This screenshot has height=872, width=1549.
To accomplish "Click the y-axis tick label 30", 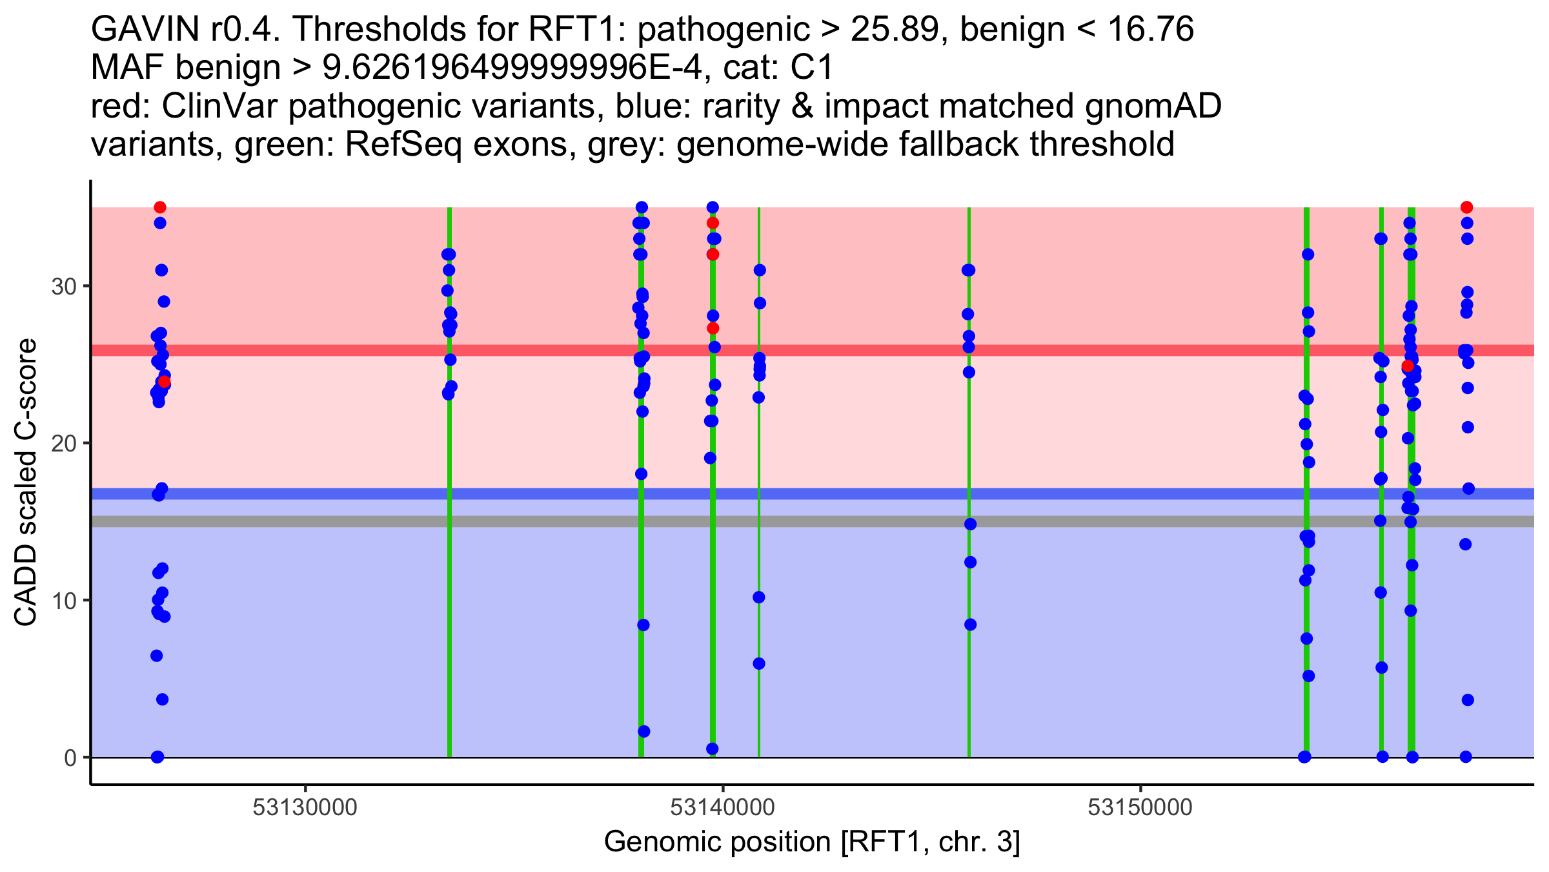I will click(64, 286).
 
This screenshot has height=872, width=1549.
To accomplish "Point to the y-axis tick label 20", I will click(64, 443).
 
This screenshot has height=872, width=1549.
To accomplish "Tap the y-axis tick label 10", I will click(64, 601).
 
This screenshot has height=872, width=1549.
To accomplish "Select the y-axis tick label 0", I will click(70, 758).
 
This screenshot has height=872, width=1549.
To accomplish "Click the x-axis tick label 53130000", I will click(305, 807).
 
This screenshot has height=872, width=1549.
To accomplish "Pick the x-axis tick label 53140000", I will click(722, 807).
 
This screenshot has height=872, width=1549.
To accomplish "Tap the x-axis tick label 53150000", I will click(1140, 807).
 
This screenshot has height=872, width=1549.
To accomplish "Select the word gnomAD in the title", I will click(1153, 107).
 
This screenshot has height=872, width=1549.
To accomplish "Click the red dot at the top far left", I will click(160, 207).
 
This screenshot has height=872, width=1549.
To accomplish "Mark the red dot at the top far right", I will click(1466, 207).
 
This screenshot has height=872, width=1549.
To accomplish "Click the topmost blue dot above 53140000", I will click(713, 207).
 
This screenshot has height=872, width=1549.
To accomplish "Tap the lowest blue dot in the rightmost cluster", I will click(1466, 757).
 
